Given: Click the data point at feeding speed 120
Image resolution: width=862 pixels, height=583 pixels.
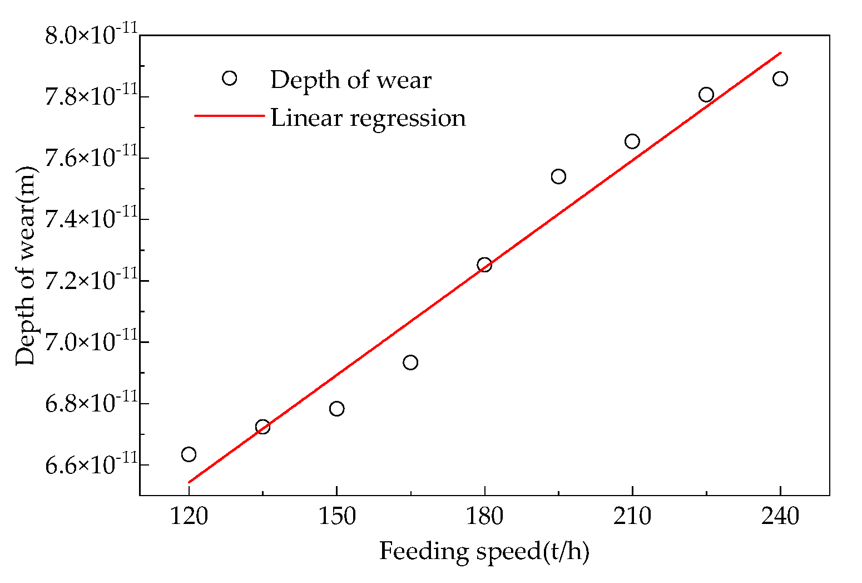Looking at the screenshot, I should (x=189, y=454).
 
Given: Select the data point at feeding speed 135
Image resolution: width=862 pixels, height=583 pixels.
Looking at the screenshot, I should (x=262, y=427).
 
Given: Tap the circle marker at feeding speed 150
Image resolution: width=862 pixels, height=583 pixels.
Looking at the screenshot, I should (x=336, y=409).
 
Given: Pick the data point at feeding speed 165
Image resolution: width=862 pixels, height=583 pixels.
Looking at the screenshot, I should (x=410, y=362).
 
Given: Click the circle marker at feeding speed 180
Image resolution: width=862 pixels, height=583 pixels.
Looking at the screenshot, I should (x=484, y=264).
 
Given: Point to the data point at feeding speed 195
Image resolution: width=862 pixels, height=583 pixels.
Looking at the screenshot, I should (x=558, y=177).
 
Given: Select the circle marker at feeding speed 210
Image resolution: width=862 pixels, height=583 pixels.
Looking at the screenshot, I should (x=632, y=141).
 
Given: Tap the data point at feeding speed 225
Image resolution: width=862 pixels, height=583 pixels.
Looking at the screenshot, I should (x=706, y=95).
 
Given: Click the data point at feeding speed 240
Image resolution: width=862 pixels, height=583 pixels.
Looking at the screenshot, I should (x=780, y=79).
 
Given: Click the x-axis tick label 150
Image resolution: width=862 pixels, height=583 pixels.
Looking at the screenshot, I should (x=336, y=517).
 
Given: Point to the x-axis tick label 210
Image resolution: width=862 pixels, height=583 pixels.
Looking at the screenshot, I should (x=632, y=517).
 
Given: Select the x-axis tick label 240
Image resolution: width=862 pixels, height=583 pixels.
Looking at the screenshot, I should (x=780, y=517).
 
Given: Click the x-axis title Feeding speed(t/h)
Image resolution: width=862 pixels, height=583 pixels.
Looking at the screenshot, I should (x=484, y=551).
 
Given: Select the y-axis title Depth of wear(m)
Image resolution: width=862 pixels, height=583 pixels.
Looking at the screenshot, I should (x=26, y=267).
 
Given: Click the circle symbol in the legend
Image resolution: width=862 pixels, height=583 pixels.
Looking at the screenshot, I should (x=229, y=79).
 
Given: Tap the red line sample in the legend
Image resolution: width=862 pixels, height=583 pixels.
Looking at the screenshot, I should (x=229, y=116).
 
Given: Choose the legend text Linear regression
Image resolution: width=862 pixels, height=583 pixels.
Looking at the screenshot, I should (x=368, y=118).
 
